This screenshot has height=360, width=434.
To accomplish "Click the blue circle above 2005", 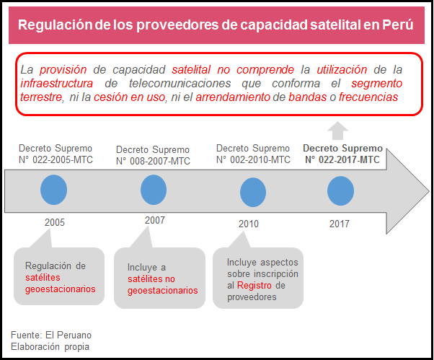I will click(54, 190).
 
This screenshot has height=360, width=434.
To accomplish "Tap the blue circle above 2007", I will click(154, 190).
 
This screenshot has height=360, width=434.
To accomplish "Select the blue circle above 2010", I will click(252, 192).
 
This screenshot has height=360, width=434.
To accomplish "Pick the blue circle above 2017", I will click(340, 191).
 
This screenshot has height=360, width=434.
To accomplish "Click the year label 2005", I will click(55, 222).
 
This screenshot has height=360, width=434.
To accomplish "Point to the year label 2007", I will click(154, 219).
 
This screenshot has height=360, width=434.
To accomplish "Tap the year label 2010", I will click(248, 224).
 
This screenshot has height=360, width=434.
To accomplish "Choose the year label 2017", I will click(340, 224).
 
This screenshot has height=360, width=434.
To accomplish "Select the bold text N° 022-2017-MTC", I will click(343, 159).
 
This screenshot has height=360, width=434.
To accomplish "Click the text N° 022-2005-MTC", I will click(56, 159).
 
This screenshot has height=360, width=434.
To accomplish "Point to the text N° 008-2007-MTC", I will click(153, 161).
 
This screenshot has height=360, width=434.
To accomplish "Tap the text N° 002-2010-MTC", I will click(253, 159).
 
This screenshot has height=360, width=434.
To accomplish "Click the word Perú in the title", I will click(398, 25).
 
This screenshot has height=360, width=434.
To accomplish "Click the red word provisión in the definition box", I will click(63, 70).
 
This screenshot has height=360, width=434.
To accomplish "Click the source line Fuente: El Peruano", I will click(51, 335).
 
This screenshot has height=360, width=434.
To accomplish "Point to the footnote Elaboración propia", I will click(50, 347).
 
